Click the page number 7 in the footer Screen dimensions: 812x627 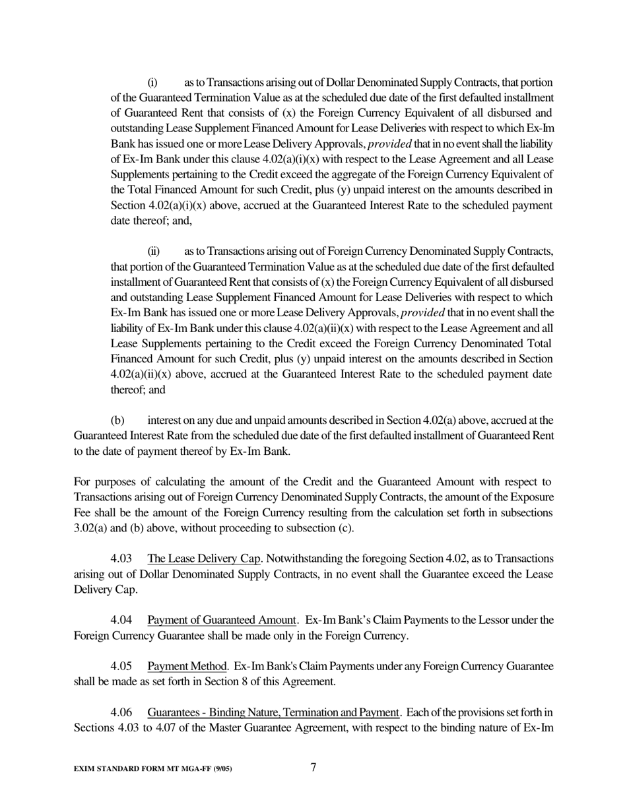coord(313,767)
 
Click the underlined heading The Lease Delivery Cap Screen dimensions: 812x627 coord(204,558)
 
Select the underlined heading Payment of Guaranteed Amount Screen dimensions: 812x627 coord(221,620)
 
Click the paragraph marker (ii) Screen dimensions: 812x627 coord(154,252)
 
